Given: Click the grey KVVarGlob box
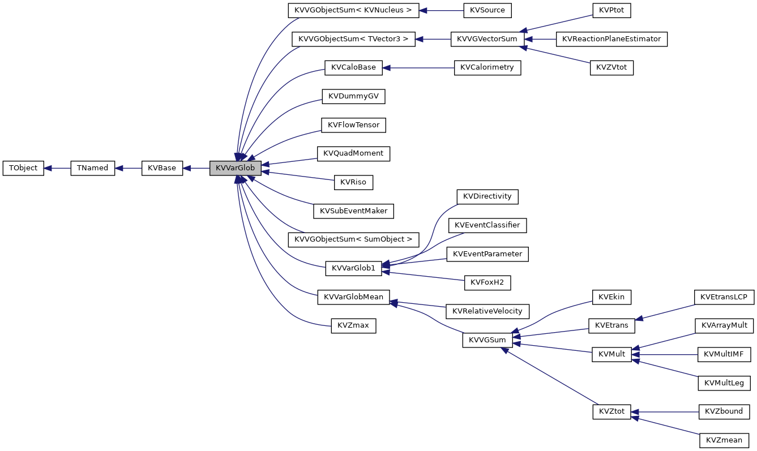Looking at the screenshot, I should tap(235, 168).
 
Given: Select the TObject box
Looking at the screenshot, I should tap(23, 168).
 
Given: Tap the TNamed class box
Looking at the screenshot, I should tap(92, 168).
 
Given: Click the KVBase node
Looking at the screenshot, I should tap(162, 168).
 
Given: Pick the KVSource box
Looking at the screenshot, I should tap(487, 10).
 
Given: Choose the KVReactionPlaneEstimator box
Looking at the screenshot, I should tap(611, 39).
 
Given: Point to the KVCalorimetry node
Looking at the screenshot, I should tap(487, 68).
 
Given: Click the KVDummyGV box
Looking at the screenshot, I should tap(353, 97).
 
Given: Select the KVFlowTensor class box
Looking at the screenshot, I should tap(353, 125).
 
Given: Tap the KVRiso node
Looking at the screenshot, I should tap(353, 182).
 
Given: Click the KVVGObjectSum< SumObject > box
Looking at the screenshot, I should tap(353, 239).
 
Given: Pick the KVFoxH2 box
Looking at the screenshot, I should tap(487, 282).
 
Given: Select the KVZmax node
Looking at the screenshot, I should tap(353, 325).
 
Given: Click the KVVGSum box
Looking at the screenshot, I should tap(487, 340).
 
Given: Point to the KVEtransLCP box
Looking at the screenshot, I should tap(724, 297).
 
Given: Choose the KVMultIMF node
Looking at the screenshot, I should tap(724, 354).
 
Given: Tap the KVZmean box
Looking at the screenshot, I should tap(724, 440).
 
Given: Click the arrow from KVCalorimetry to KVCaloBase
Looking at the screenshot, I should tap(418, 68).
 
